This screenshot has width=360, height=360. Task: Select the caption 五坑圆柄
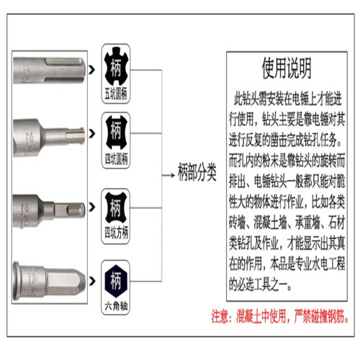116,94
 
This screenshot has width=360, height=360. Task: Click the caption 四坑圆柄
116,157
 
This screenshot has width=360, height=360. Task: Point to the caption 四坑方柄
116,233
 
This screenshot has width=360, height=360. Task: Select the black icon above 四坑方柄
116,209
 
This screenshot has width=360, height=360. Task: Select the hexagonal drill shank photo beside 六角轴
50,277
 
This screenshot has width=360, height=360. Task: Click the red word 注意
220,315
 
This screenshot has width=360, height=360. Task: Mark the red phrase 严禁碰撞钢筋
318,315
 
